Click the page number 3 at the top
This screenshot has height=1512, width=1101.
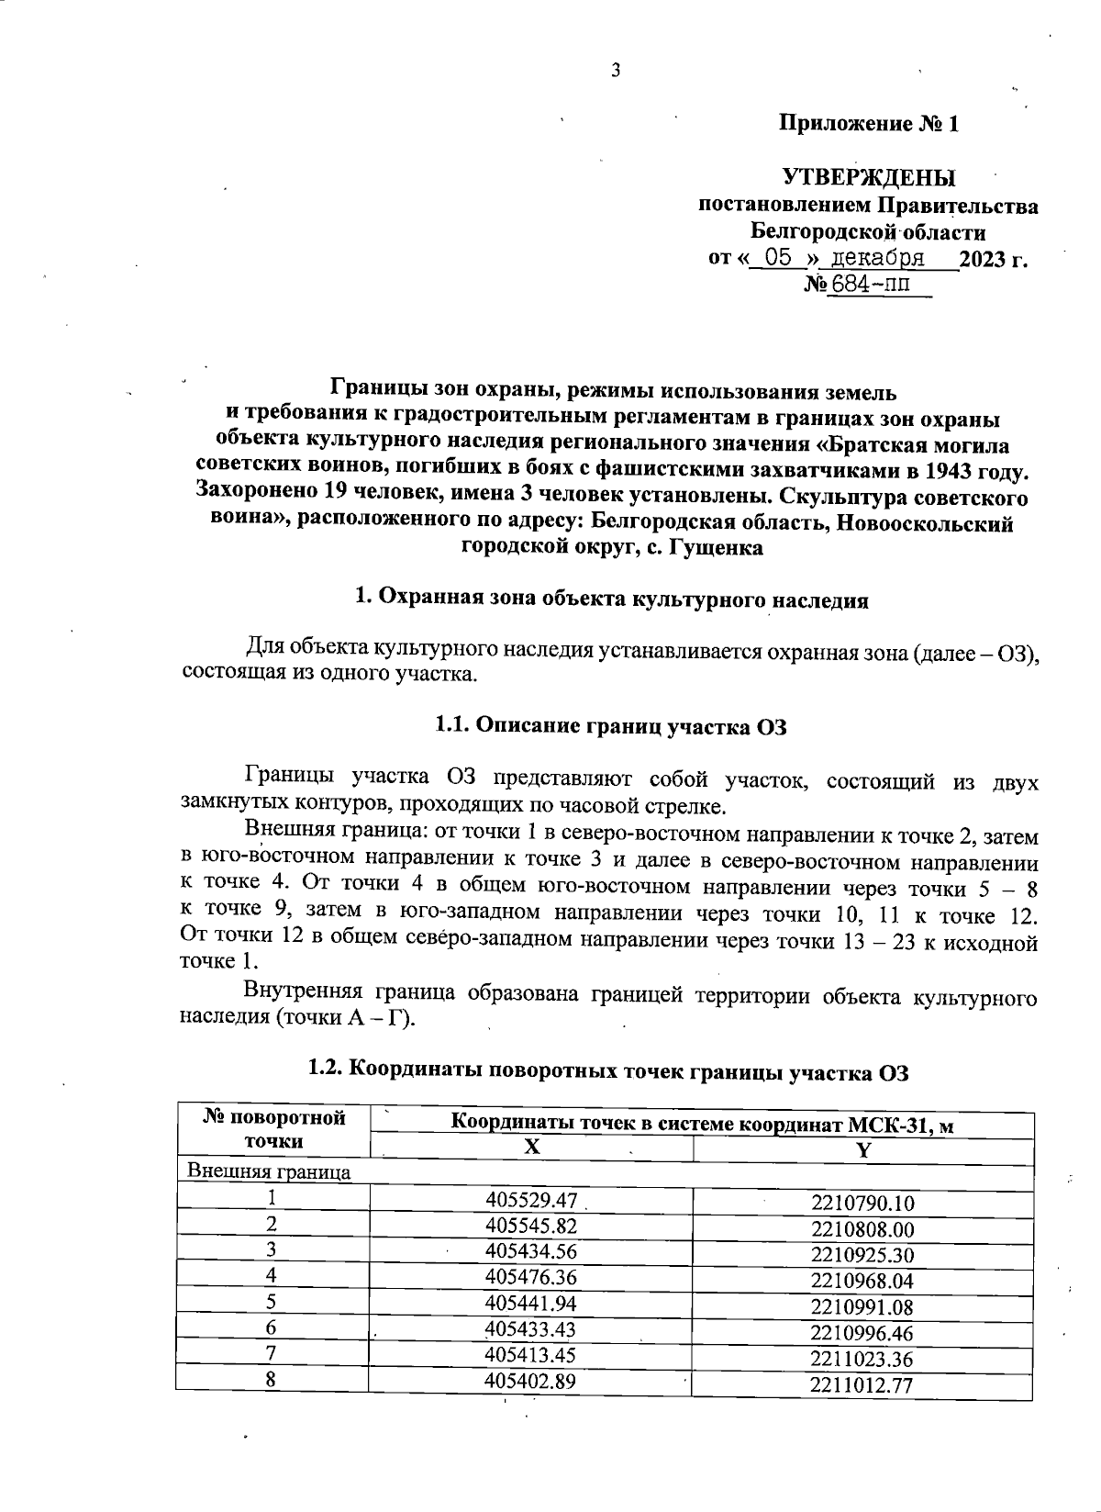(x=616, y=71)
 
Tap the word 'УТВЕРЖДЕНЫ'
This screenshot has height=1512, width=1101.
(x=868, y=177)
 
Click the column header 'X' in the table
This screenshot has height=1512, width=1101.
(x=531, y=1148)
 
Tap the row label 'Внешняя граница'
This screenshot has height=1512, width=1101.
(x=269, y=1172)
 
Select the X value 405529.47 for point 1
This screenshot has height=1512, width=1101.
(x=531, y=1200)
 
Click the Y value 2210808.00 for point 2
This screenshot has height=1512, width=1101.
(x=862, y=1229)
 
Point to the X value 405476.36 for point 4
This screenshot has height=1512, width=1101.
(x=531, y=1277)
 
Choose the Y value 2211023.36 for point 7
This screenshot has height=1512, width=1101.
(x=862, y=1358)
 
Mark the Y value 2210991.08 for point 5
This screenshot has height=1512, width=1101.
(x=862, y=1306)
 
